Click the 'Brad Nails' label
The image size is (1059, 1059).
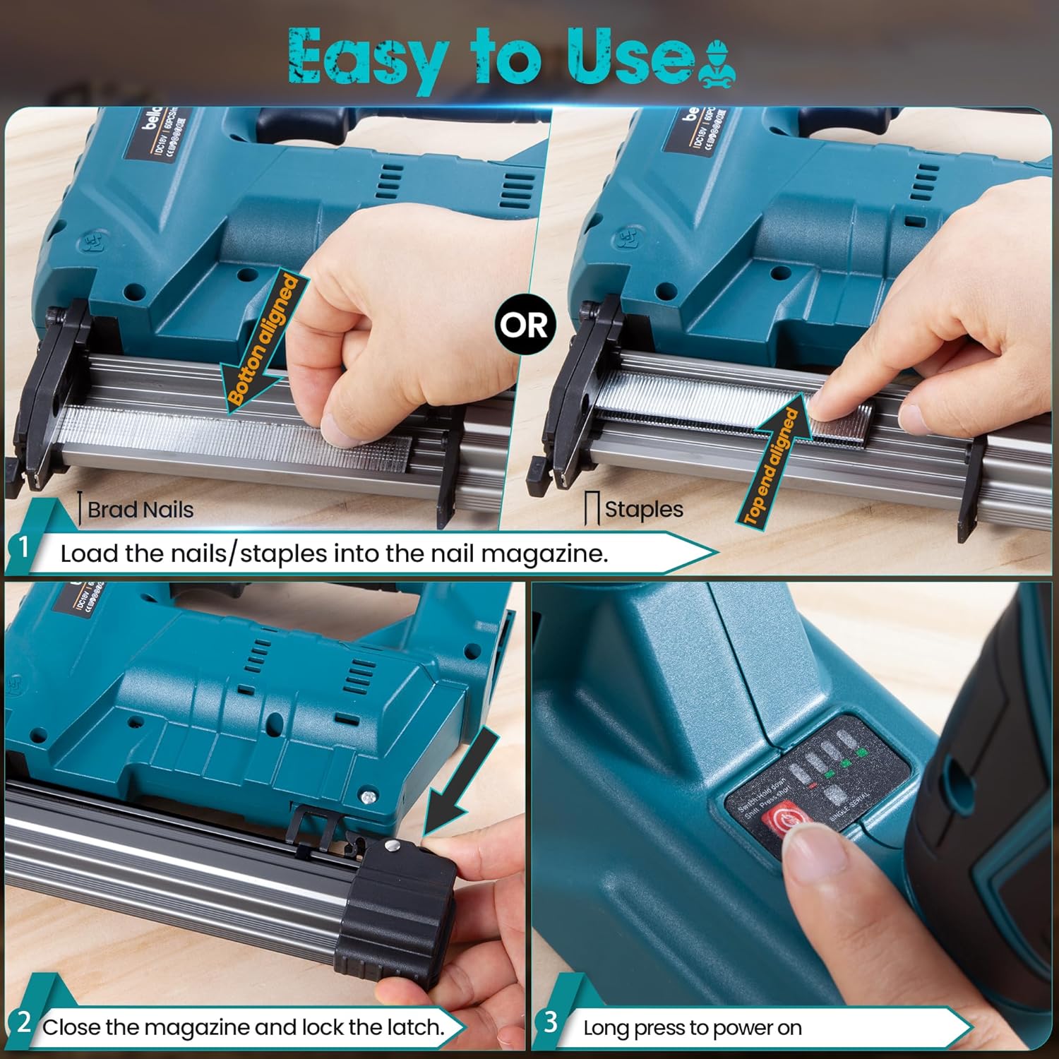tap(140, 510)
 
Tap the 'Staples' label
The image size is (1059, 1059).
tap(643, 509)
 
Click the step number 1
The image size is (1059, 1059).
tap(23, 548)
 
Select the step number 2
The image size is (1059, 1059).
tap(23, 1022)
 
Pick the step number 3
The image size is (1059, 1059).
tap(551, 1022)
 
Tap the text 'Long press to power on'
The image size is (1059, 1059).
tap(692, 1028)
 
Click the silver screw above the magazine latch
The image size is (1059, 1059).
tap(368, 797)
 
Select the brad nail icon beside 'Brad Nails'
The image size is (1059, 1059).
tap(81, 508)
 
